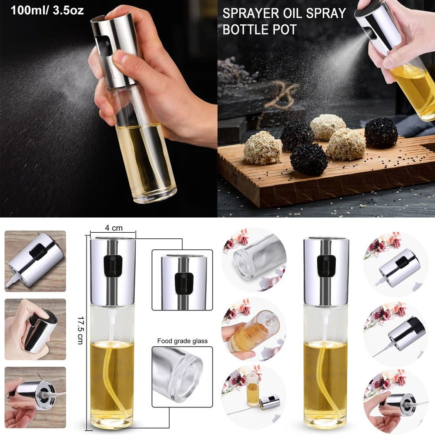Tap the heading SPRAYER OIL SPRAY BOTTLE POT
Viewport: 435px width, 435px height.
tap(284, 21)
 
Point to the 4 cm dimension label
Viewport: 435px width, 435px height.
tap(114, 228)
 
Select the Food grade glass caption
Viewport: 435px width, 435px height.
tap(182, 341)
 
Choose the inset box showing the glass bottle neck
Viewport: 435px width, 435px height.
tap(182, 374)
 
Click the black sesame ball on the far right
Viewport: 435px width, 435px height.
tap(381, 133)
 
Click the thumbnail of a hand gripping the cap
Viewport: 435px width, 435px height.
tap(35, 329)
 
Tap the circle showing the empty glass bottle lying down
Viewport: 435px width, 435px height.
tap(254, 260)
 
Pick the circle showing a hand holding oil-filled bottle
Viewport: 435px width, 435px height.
tap(254, 329)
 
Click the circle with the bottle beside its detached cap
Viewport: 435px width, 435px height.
tap(254, 397)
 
